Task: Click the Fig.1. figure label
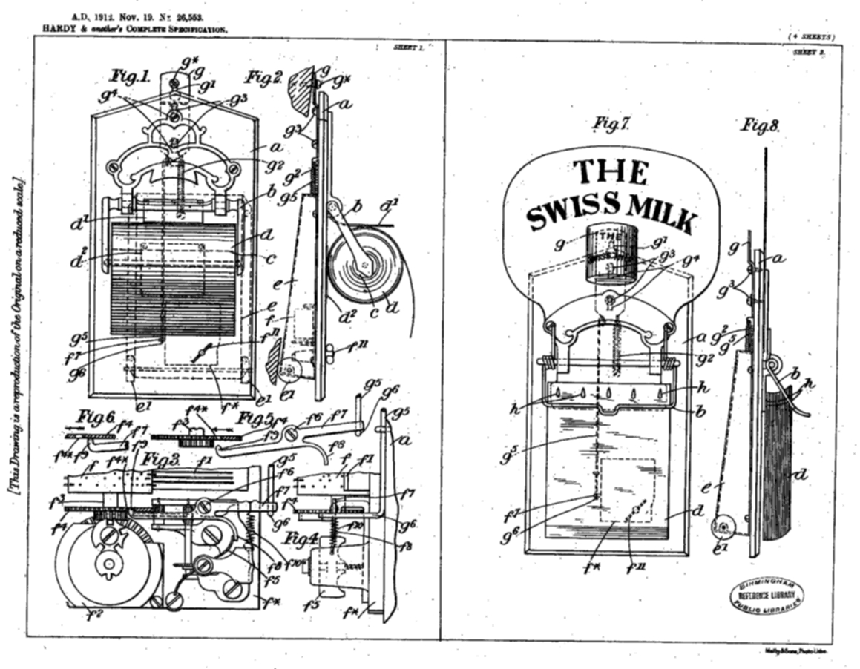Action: [x=131, y=76]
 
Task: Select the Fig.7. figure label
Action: [x=611, y=125]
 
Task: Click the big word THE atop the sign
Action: [x=611, y=172]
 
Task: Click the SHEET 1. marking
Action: [x=408, y=47]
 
